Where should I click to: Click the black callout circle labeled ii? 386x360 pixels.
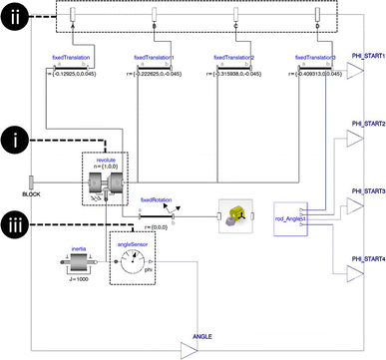coord(18,18)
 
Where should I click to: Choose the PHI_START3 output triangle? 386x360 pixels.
coord(354,205)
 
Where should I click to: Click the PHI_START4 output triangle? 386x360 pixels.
coord(354,273)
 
